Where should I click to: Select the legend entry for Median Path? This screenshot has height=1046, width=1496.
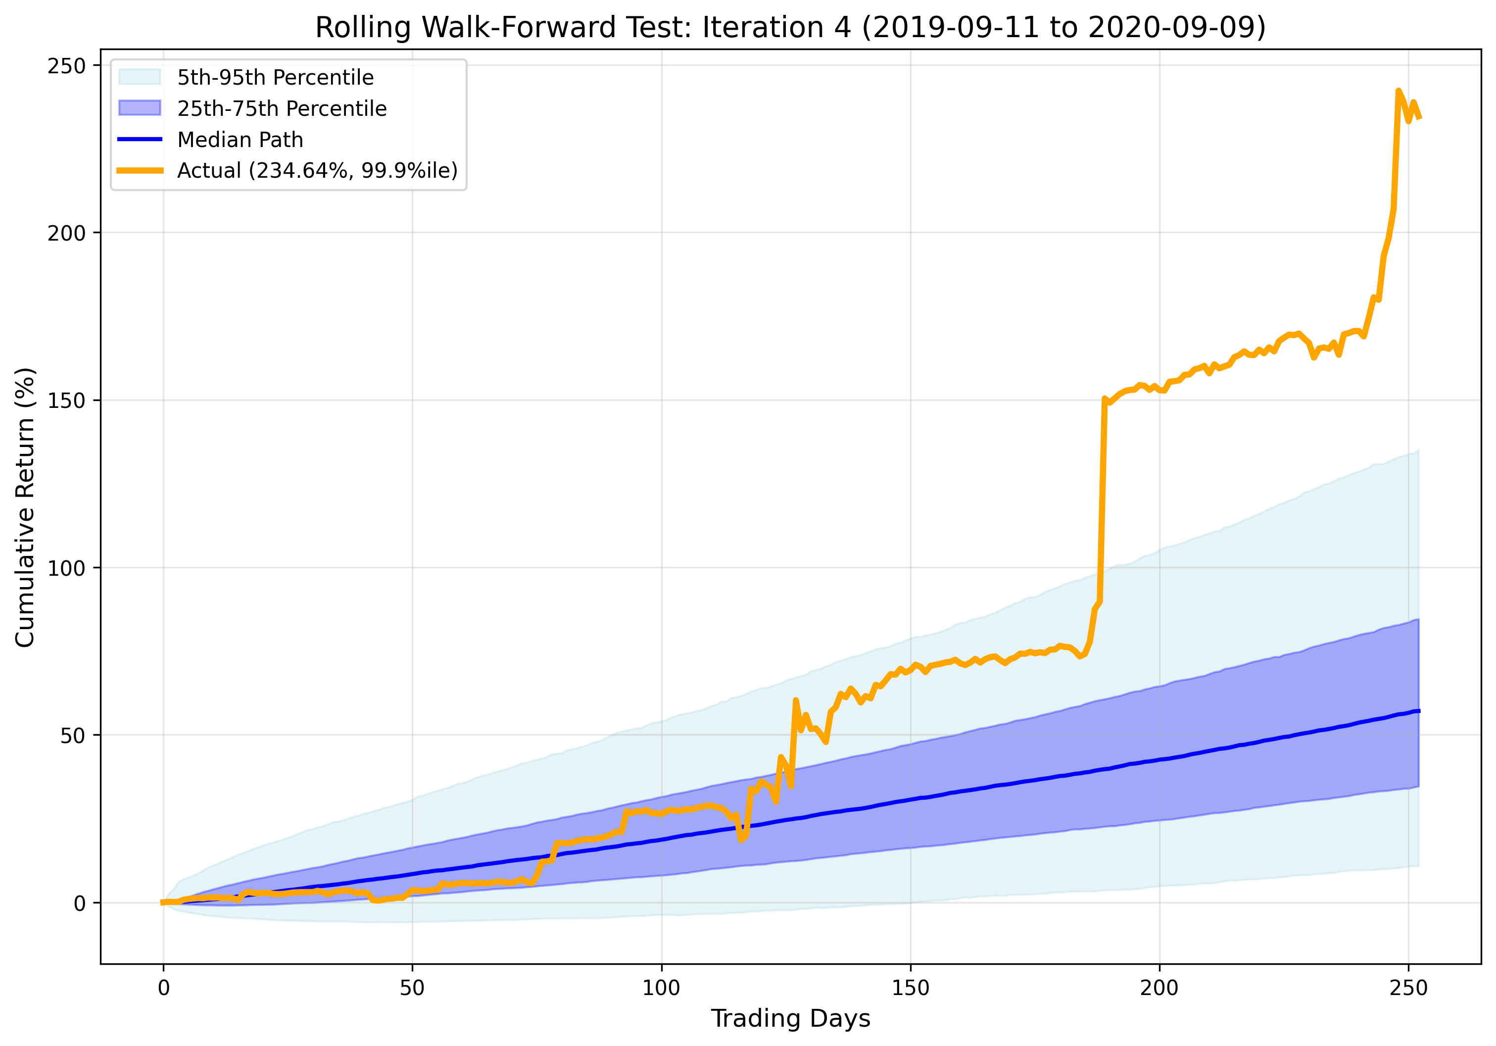point(240,140)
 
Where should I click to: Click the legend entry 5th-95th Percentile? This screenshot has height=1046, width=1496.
point(275,78)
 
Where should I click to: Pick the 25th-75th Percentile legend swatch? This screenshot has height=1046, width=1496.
point(140,108)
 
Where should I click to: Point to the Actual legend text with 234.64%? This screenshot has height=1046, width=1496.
point(317,170)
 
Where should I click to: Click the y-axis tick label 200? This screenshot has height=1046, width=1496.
point(66,233)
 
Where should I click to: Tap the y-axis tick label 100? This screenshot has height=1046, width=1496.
point(66,568)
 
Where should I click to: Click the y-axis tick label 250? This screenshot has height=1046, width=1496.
point(66,66)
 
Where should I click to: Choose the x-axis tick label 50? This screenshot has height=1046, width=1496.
point(412,988)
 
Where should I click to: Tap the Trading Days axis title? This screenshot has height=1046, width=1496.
point(790,1018)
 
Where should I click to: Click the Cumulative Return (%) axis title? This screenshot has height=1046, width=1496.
point(25,507)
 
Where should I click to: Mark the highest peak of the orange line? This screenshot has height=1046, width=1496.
point(1399,91)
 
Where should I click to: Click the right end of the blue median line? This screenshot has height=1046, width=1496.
point(1418,711)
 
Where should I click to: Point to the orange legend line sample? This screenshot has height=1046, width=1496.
point(140,170)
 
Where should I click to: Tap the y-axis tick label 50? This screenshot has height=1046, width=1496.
point(73,736)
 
